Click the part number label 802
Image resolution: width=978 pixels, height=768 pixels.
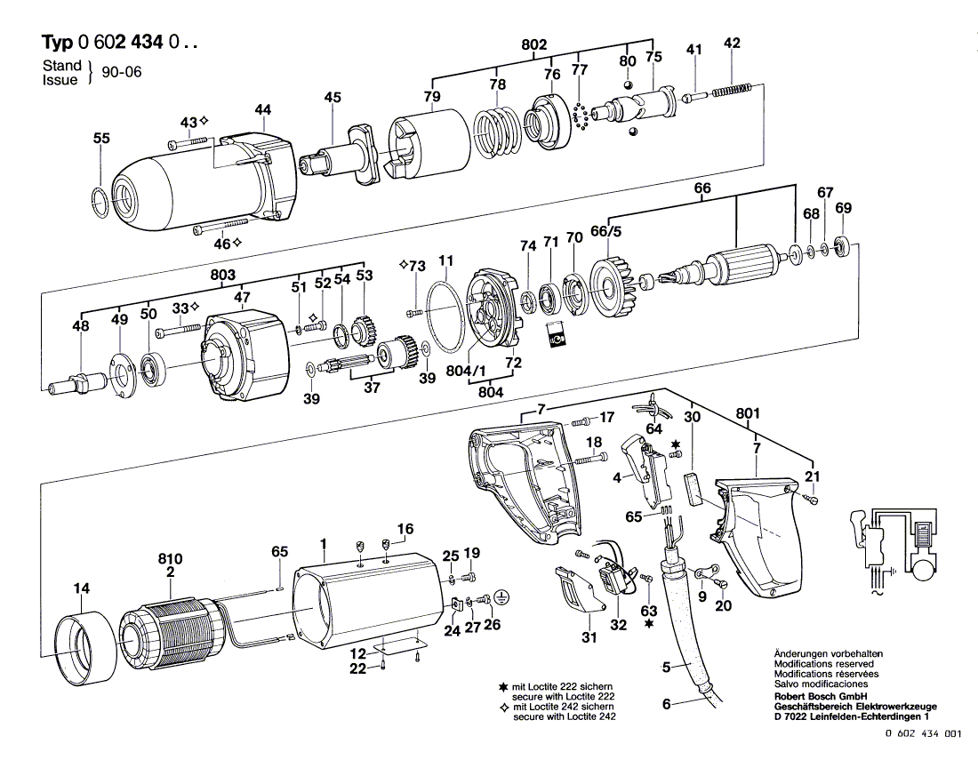(534, 44)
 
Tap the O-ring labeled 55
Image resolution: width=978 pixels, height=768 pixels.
(100, 202)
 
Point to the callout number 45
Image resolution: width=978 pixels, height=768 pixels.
(332, 99)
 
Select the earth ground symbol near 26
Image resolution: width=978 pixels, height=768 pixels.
(501, 599)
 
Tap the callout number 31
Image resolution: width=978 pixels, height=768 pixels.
(587, 637)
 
